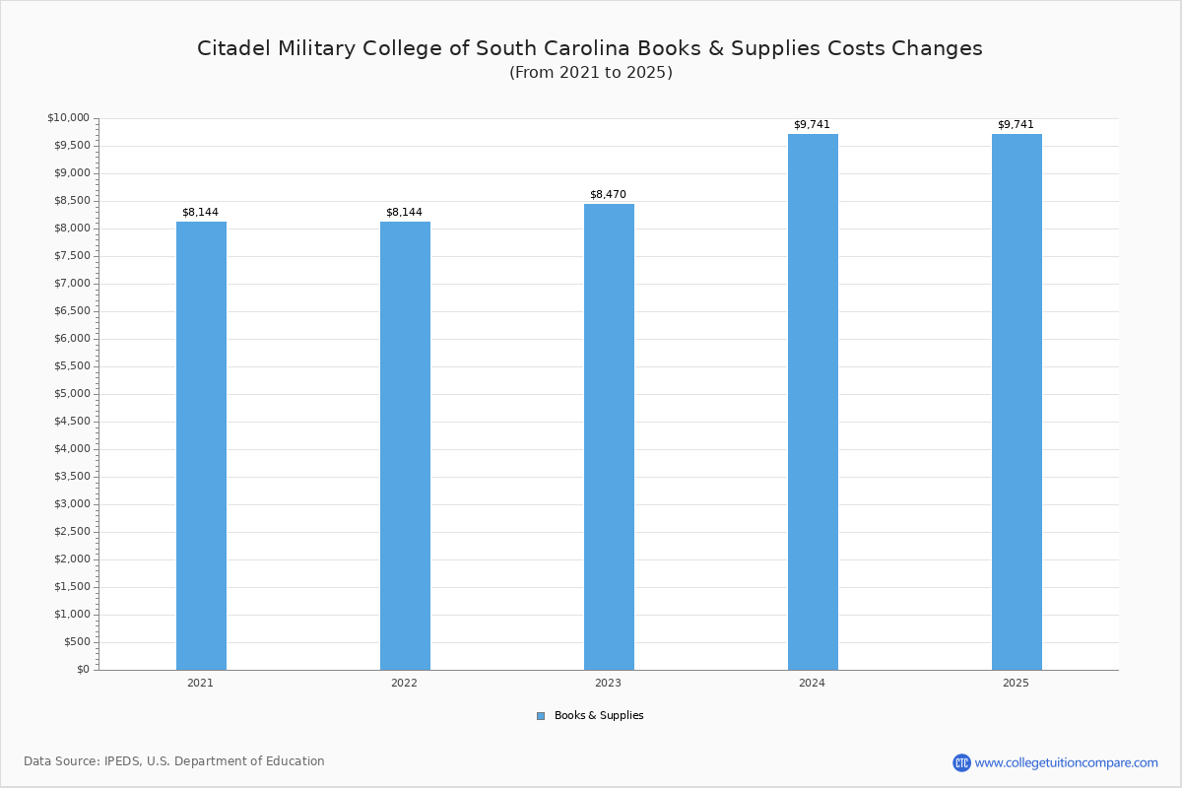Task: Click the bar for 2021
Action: click(x=201, y=445)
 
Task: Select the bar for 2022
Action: click(x=405, y=445)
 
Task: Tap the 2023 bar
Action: click(x=609, y=436)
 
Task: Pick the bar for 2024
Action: click(x=813, y=402)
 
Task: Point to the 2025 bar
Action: click(x=1017, y=402)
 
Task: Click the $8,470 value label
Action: click(x=608, y=195)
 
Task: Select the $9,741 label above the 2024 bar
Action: click(x=812, y=125)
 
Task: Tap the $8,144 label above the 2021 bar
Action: click(x=200, y=213)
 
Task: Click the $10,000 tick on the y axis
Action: click(x=68, y=118)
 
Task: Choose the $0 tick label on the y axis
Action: click(x=82, y=670)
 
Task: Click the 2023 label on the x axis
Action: click(x=608, y=683)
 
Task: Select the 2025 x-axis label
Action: click(x=1016, y=683)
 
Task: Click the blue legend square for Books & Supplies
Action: click(x=541, y=716)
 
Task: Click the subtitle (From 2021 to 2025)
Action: click(x=591, y=73)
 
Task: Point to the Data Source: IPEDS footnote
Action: click(x=174, y=761)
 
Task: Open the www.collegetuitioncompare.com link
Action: click(x=1066, y=762)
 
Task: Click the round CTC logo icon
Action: click(x=961, y=762)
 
